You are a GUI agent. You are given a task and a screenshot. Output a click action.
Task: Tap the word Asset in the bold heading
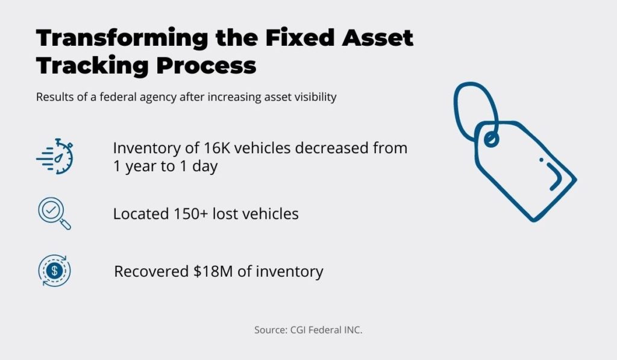pyautogui.click(x=377, y=38)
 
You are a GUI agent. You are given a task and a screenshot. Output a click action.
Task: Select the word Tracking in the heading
pyautogui.click(x=92, y=65)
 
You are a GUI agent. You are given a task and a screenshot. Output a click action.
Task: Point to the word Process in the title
pyautogui.click(x=206, y=65)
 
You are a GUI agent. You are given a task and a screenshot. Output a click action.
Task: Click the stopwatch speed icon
pyautogui.click(x=55, y=156)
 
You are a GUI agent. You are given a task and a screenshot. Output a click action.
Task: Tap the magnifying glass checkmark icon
pyautogui.click(x=54, y=213)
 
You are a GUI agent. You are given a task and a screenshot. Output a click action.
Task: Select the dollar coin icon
pyautogui.click(x=54, y=271)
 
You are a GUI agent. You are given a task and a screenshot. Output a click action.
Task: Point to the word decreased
pyautogui.click(x=331, y=148)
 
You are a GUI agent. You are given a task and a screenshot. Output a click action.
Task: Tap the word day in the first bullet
pyautogui.click(x=205, y=166)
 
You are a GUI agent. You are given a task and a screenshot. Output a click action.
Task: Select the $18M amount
pyautogui.click(x=213, y=271)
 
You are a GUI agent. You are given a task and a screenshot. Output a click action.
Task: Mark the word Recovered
pyautogui.click(x=151, y=271)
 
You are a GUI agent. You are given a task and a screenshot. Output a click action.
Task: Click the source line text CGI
pyautogui.click(x=298, y=330)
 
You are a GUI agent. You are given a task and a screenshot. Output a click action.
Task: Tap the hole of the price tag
pyautogui.click(x=490, y=139)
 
